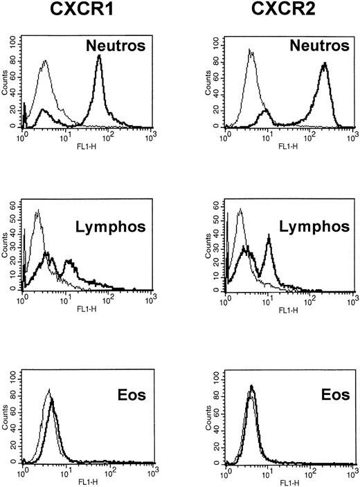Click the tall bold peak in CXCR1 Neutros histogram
tap(99, 57)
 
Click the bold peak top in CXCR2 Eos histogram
tap(252, 387)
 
